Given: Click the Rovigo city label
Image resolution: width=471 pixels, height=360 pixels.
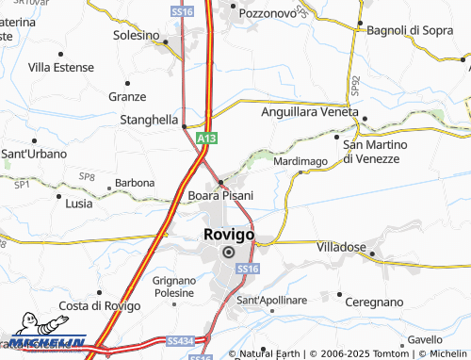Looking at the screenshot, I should click(x=227, y=235).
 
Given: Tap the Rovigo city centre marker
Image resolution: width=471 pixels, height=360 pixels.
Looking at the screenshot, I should click(x=228, y=253).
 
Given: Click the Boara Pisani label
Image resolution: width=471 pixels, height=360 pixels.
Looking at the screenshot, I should click(x=220, y=195).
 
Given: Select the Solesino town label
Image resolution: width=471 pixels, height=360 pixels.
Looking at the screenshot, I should click(x=137, y=35).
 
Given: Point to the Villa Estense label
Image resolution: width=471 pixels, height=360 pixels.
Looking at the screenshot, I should click(x=60, y=67).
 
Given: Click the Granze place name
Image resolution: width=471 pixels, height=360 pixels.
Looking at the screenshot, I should click(x=127, y=96).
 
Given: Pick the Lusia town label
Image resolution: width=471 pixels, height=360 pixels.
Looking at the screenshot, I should click(x=79, y=203).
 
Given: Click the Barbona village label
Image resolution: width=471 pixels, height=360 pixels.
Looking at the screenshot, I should click(x=135, y=183).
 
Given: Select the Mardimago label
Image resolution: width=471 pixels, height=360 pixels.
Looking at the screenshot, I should click(x=300, y=162).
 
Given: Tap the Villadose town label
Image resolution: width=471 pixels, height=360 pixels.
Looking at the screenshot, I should click(x=342, y=245).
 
